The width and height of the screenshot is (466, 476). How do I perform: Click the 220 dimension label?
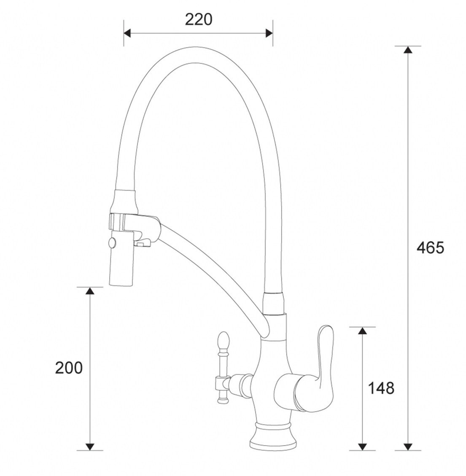tap(199, 20)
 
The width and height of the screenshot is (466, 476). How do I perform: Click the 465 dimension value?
tap(430, 248)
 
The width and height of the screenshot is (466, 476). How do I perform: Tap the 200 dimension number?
tap(69, 368)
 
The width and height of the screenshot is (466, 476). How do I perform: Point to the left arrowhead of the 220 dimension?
tap(127, 33)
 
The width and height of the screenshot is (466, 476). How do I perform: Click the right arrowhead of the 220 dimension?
tap(269, 33)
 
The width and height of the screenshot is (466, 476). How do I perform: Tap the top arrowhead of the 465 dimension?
tap(408, 50)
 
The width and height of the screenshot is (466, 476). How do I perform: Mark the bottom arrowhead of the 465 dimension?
tap(408, 446)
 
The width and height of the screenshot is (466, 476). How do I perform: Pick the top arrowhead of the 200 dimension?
tap(89, 291)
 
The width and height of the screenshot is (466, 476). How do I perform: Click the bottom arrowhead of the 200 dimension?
tap(89, 446)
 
